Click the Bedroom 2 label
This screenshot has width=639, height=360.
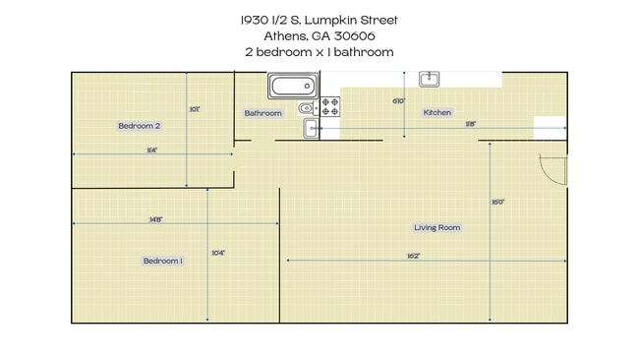pos(139,126)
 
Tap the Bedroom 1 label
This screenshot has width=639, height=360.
pos(162,261)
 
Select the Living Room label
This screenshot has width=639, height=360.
pos(436,227)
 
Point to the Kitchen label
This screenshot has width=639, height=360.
pos(436,113)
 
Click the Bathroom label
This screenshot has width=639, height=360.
pos(262,113)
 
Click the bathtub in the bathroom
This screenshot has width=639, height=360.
pos(291,87)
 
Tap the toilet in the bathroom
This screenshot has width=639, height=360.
pos(307,107)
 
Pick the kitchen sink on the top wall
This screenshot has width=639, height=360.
pos(430,79)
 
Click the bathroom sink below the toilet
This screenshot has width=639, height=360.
pos(311,129)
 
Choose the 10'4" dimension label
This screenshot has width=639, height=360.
pos(218,253)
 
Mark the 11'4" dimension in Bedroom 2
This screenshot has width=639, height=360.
pos(151,150)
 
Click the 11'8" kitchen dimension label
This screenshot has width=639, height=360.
pos(471,124)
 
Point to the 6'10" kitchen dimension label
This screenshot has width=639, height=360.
pos(398,101)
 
